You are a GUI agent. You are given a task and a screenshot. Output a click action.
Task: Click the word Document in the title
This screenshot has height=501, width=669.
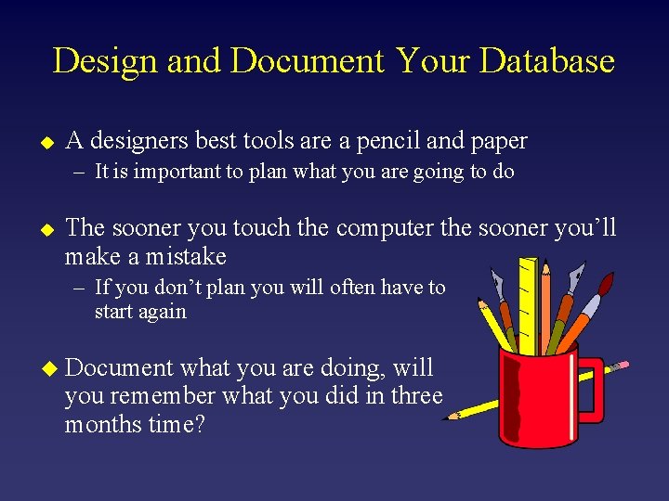pyautogui.click(x=306, y=61)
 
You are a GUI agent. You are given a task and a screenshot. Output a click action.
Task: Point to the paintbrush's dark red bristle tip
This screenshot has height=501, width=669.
pyautogui.click(x=608, y=284)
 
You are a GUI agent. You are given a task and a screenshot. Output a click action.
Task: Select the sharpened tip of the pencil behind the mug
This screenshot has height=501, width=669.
pyautogui.click(x=453, y=417)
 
